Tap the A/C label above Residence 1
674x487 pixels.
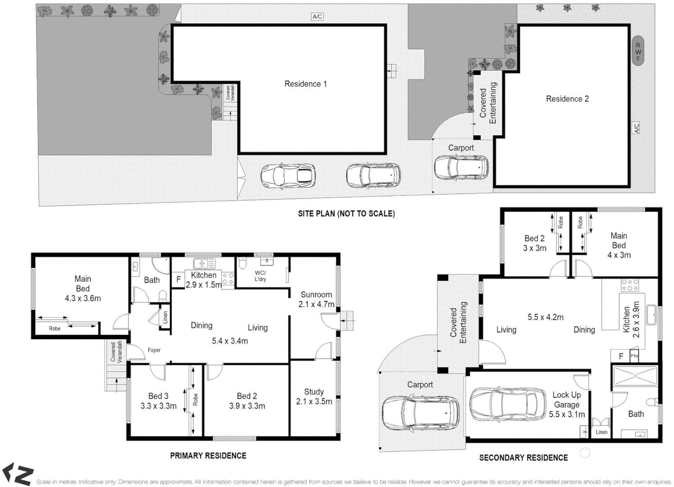[317, 17]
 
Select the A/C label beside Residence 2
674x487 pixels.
[636, 128]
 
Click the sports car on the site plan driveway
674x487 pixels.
[288, 176]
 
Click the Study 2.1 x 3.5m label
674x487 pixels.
[314, 397]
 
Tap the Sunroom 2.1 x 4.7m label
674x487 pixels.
[316, 299]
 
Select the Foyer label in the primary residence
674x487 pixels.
[154, 350]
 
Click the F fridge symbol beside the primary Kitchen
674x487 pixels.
[179, 280]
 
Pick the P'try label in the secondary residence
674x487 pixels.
[634, 356]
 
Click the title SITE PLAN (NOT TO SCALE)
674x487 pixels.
[346, 214]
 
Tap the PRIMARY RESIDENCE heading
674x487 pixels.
[208, 456]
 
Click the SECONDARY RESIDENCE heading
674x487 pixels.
[523, 458]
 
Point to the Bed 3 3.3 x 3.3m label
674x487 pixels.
[158, 401]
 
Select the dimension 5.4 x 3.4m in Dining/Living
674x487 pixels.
[230, 341]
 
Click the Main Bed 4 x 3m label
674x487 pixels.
[619, 245]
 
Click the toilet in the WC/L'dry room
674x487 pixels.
[243, 263]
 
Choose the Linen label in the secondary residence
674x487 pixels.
[601, 432]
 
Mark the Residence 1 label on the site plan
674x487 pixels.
[305, 84]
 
